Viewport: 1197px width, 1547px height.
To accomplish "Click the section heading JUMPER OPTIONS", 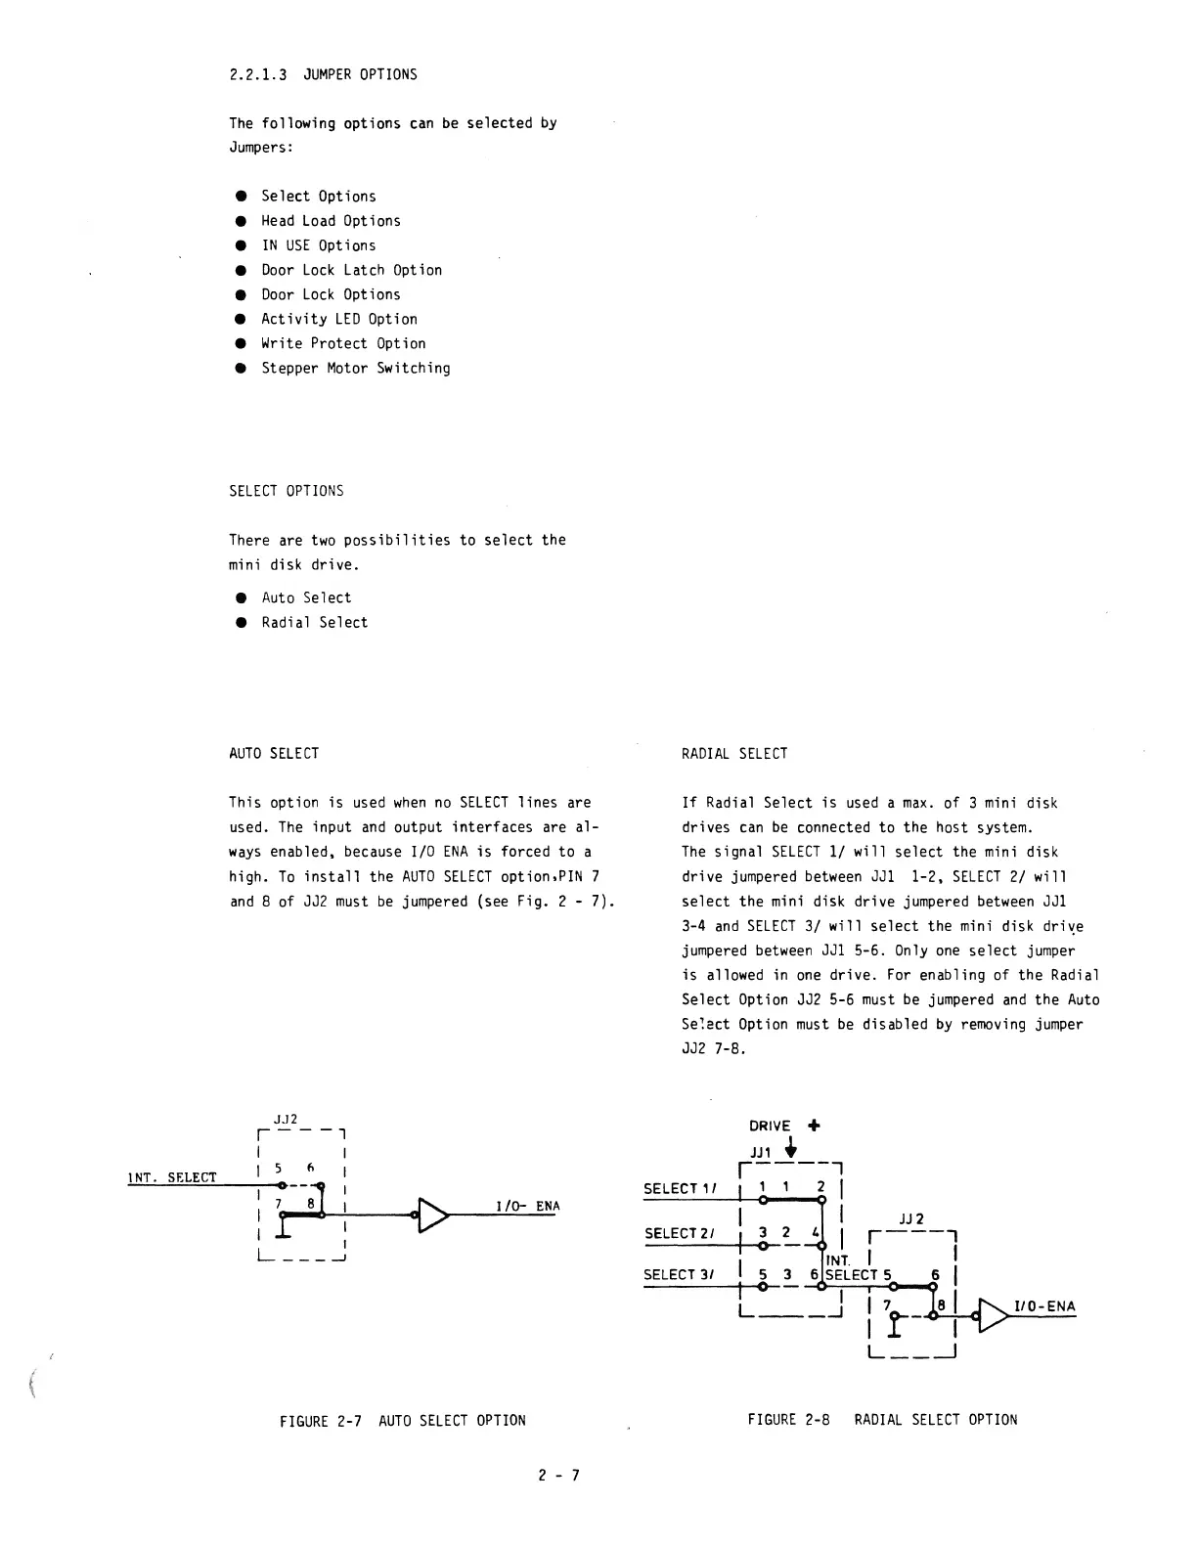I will click(x=360, y=74).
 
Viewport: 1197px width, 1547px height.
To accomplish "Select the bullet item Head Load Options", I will click(x=331, y=221).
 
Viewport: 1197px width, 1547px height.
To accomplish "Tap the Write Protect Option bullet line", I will click(x=343, y=343).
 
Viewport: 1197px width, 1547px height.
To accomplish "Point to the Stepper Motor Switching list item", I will click(x=355, y=369).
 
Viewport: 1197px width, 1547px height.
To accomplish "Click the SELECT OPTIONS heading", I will click(x=287, y=491).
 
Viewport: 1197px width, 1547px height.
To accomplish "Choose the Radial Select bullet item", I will click(x=314, y=623).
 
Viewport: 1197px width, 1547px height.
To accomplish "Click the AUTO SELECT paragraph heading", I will click(x=274, y=753).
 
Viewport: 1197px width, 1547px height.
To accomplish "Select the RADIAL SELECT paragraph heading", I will click(x=734, y=753).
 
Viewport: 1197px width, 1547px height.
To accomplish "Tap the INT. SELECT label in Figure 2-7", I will click(x=172, y=1177).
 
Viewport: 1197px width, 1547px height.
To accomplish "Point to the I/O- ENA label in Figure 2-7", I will click(x=528, y=1206).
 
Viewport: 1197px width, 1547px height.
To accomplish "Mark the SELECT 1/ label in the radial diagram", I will click(x=680, y=1189).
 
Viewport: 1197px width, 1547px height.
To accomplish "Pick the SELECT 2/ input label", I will click(x=680, y=1233).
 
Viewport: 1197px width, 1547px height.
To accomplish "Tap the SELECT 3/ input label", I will click(x=680, y=1274).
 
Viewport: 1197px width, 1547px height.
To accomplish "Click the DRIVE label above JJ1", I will click(x=770, y=1126).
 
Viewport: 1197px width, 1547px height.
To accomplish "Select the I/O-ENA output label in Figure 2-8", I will click(x=1044, y=1306).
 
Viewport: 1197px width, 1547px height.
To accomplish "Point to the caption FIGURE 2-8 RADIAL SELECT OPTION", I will click(x=882, y=1420).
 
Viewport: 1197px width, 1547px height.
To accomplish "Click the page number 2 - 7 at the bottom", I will click(x=558, y=1476).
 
